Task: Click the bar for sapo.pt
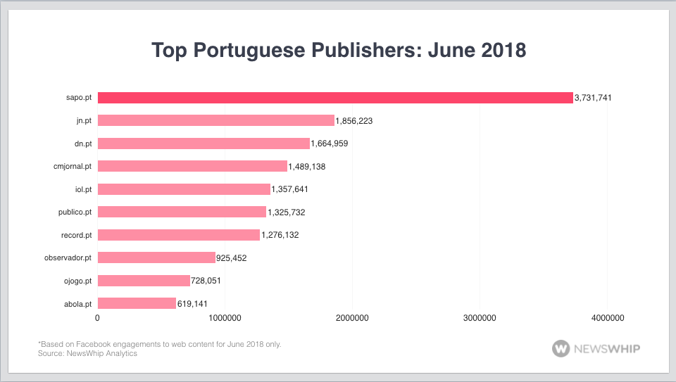[x=335, y=98]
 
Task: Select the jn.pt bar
[x=215, y=121]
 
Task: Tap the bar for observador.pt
[x=156, y=257]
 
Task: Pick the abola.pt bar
[x=137, y=303]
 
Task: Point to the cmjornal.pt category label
[x=72, y=167]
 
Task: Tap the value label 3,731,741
[x=592, y=98]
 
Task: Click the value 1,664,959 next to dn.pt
[x=330, y=144]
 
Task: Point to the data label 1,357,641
[x=290, y=189]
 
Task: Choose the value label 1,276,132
[x=280, y=235]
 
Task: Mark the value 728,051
[x=210, y=281]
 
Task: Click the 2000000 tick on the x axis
[x=352, y=319]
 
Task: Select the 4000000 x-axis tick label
[x=607, y=319]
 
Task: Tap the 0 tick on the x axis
[x=98, y=319]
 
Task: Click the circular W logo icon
[x=561, y=348]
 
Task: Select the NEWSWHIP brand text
[x=607, y=348]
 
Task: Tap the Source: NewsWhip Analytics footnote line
[x=87, y=353]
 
